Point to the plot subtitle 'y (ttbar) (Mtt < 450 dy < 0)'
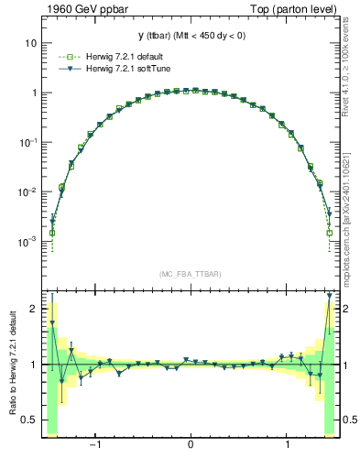point(191,36)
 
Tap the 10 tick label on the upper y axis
point(30,43)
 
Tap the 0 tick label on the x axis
point(190,446)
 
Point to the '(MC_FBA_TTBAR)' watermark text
point(191,275)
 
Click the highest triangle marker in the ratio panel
point(330,295)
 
